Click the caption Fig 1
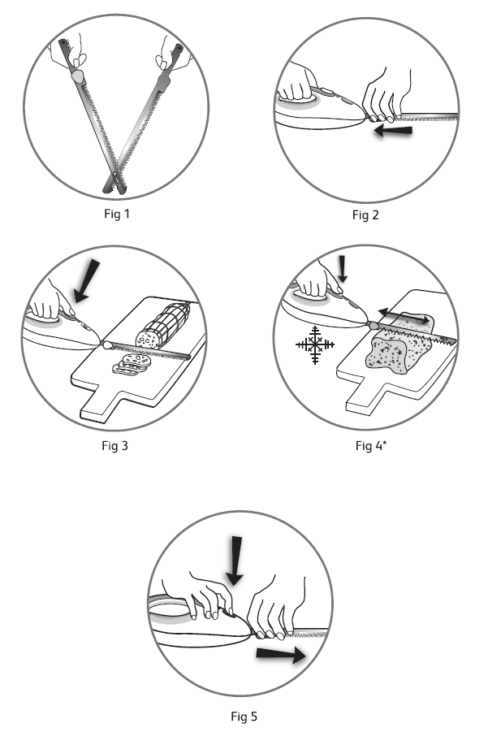point(117,214)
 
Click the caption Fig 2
point(365,215)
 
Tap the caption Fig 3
point(114,446)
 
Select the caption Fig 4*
point(371,446)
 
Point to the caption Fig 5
point(244,716)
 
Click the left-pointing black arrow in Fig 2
point(393,131)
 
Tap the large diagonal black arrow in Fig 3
point(87,280)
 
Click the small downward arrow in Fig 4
point(343,269)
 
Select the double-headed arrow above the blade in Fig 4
point(404,315)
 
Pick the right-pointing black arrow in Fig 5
point(281,655)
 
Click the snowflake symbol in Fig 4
point(315,345)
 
